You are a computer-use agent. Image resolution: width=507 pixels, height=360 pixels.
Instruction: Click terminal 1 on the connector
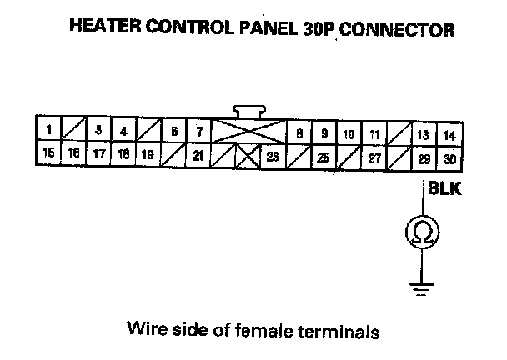[49, 130]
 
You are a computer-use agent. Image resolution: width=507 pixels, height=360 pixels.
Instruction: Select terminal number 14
[449, 134]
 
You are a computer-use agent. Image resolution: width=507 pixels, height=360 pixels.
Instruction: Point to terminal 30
[449, 157]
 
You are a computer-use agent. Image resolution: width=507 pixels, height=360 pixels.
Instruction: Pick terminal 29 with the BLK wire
[424, 157]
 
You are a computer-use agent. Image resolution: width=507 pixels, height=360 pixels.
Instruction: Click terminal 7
[199, 131]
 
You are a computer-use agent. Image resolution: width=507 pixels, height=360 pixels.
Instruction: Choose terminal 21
[198, 154]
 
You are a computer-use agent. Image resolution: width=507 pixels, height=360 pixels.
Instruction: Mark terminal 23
[272, 155]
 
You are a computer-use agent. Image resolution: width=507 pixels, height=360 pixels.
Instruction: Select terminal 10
[349, 133]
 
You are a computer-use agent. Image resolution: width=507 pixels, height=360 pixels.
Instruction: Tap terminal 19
[148, 153]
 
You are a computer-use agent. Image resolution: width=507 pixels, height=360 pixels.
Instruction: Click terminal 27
[374, 157]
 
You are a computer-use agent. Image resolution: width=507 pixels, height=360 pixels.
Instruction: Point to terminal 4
[123, 131]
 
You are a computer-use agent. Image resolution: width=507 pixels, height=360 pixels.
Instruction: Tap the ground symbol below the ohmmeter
[422, 288]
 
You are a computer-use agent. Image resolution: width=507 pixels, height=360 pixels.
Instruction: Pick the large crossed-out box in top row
[248, 132]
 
